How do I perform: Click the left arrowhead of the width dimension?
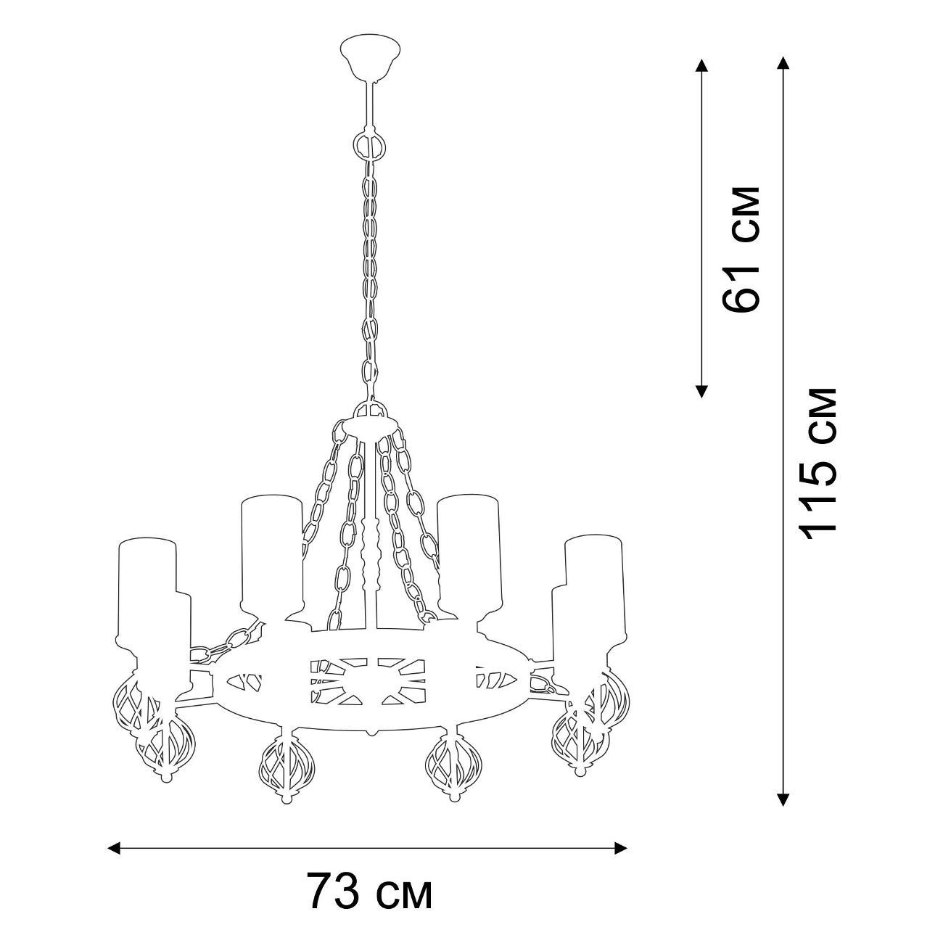[x=114, y=834]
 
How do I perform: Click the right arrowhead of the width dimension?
[x=620, y=834]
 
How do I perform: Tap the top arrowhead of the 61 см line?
[x=701, y=66]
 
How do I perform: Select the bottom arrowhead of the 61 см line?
[x=701, y=390]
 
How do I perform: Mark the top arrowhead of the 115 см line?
[x=783, y=64]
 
